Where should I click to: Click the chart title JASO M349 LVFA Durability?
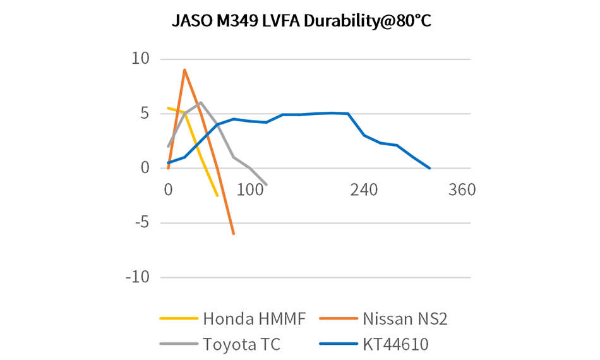(x=301, y=21)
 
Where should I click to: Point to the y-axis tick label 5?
(x=145, y=114)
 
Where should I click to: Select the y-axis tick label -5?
(x=142, y=223)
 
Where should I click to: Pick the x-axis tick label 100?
(x=251, y=190)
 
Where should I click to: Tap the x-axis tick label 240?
(x=364, y=190)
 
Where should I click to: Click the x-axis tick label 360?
(x=461, y=190)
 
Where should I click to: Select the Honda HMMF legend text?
(x=255, y=319)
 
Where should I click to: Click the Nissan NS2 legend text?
(x=405, y=319)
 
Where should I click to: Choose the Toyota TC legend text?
(x=241, y=345)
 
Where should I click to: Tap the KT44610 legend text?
(x=397, y=345)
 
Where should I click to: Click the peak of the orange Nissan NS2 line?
(x=184, y=70)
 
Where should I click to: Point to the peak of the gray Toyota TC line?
(x=200, y=102)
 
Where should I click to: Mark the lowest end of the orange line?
(x=234, y=234)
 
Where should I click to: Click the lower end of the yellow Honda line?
(x=217, y=196)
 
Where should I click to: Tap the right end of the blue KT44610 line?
(x=429, y=168)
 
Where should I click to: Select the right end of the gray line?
(x=266, y=184)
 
